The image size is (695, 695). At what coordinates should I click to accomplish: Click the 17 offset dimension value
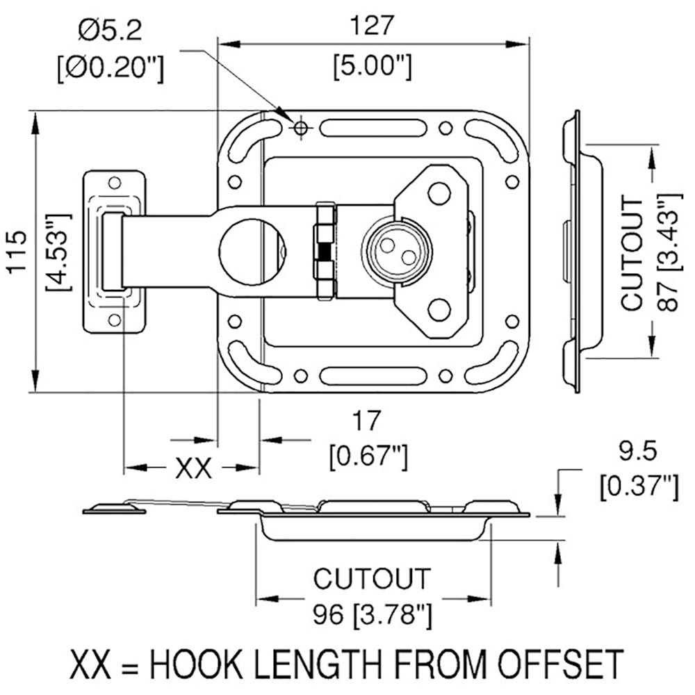point(366,421)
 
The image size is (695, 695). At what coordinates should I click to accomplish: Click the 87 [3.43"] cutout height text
point(666,254)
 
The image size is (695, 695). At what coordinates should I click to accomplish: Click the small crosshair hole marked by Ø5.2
point(300,128)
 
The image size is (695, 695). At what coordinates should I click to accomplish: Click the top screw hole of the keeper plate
point(114,183)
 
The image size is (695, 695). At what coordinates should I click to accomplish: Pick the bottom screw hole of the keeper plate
point(114,320)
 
